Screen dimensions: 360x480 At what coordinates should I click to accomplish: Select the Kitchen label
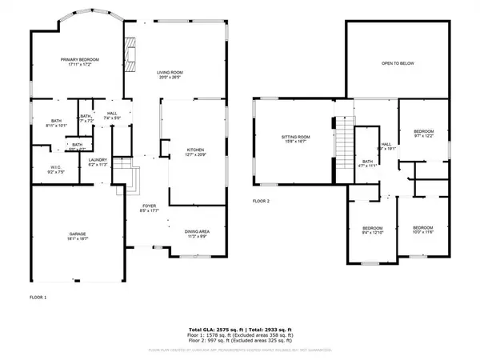[x=197, y=152]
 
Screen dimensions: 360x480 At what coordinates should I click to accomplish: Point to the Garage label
[x=77, y=236]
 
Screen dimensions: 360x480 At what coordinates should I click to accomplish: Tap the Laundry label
[x=97, y=162]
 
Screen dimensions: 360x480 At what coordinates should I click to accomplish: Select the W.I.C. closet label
[x=45, y=169]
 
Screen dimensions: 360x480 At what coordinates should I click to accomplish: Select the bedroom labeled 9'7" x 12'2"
[x=423, y=134]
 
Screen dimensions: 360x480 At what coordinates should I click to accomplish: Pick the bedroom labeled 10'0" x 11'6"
[x=423, y=230]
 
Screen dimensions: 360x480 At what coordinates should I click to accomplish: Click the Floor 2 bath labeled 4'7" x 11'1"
[x=368, y=164]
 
